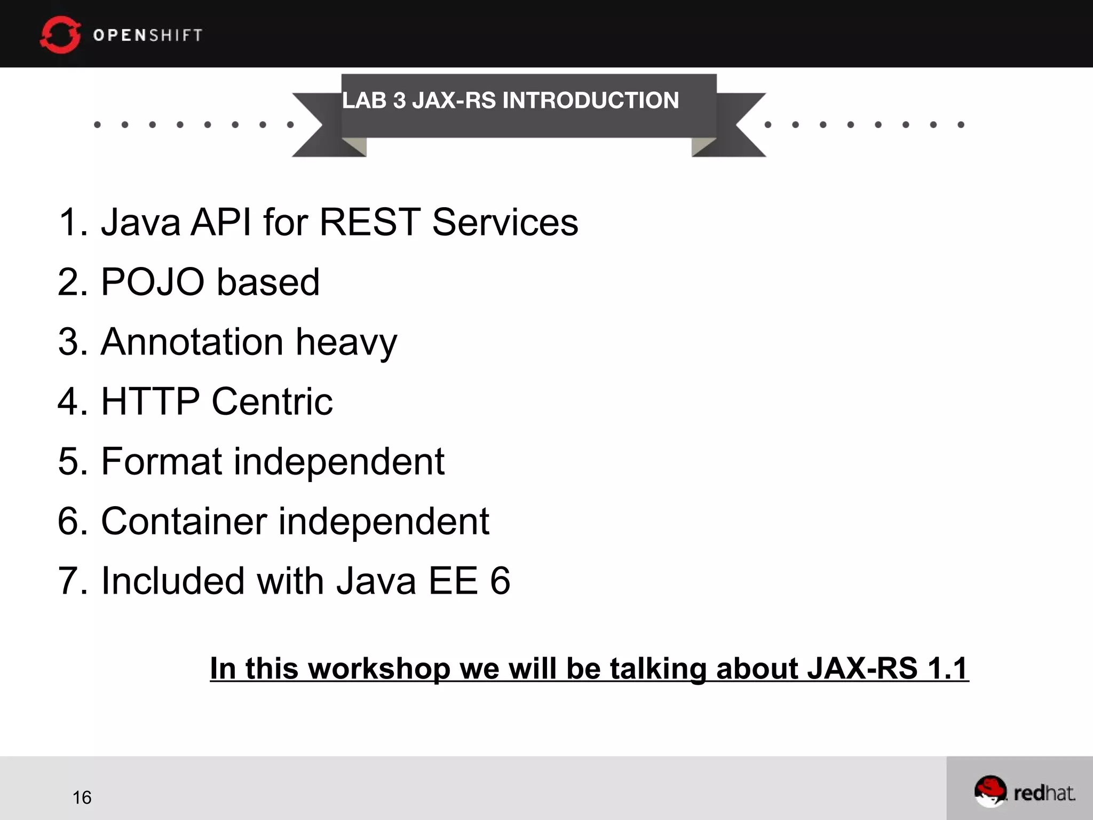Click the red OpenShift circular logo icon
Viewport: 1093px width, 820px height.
(60, 35)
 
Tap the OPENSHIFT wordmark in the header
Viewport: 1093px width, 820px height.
(148, 35)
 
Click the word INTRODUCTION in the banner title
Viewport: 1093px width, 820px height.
(590, 100)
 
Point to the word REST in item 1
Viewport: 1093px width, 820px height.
(370, 222)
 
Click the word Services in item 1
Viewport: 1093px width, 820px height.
(505, 222)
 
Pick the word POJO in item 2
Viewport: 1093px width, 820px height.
(153, 282)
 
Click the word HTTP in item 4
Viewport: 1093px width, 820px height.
(151, 401)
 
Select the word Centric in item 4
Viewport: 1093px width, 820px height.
(272, 401)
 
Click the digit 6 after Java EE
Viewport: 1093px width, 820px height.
(500, 581)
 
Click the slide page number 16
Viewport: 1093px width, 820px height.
(82, 798)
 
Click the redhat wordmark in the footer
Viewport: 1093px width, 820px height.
(1044, 793)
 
